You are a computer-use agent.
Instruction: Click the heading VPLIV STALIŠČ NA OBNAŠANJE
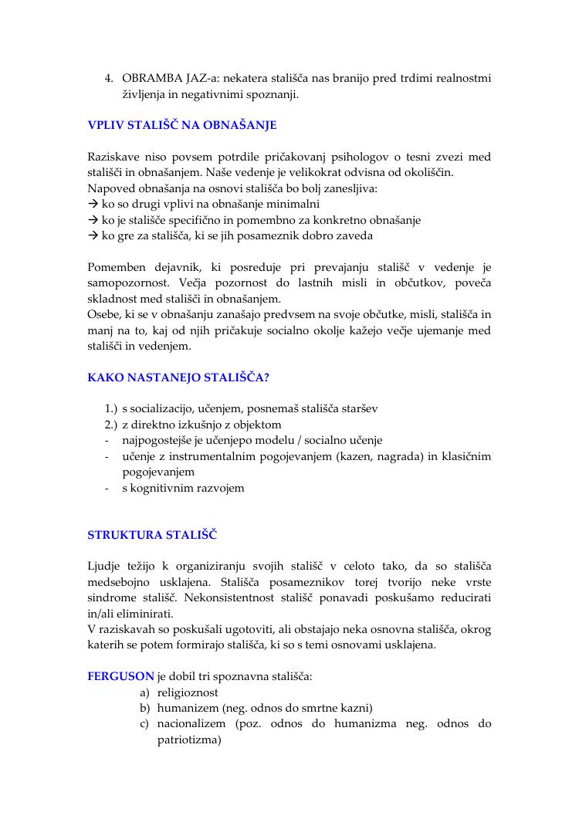pyautogui.click(x=181, y=125)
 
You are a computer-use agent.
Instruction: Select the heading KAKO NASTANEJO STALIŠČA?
pyautogui.click(x=178, y=377)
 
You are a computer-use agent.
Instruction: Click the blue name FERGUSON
pyautogui.click(x=120, y=676)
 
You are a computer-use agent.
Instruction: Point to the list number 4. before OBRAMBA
pyautogui.click(x=109, y=79)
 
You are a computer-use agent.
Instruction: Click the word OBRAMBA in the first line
pyautogui.click(x=151, y=79)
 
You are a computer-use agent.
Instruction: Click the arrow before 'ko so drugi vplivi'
pyautogui.click(x=93, y=204)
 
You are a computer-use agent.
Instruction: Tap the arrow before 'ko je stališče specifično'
pyautogui.click(x=93, y=220)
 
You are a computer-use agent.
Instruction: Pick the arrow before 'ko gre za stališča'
pyautogui.click(x=93, y=235)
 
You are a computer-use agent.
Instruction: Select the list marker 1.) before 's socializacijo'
pyautogui.click(x=110, y=408)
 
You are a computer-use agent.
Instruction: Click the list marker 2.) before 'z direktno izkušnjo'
pyautogui.click(x=110, y=425)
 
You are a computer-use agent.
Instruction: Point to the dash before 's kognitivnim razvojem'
pyautogui.click(x=107, y=488)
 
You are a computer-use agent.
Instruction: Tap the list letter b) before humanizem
pyautogui.click(x=144, y=708)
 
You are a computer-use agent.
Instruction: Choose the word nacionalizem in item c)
pyautogui.click(x=192, y=724)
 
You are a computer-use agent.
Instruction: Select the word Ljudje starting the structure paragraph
pyautogui.click(x=106, y=567)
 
